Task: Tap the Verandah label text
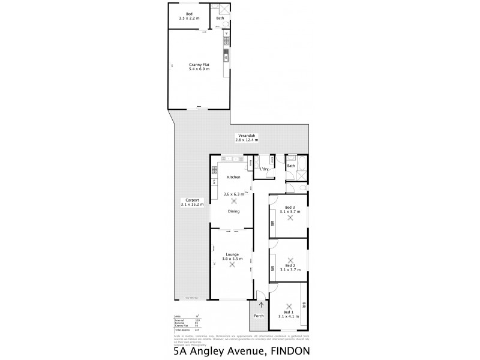coord(247,135)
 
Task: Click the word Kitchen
coord(233,178)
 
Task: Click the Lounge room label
coord(233,254)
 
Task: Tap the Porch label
coord(260,316)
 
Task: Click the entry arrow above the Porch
coord(260,305)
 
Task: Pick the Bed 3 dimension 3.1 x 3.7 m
coord(290,212)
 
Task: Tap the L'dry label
coord(265,169)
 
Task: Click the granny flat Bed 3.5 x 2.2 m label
coord(189,16)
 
